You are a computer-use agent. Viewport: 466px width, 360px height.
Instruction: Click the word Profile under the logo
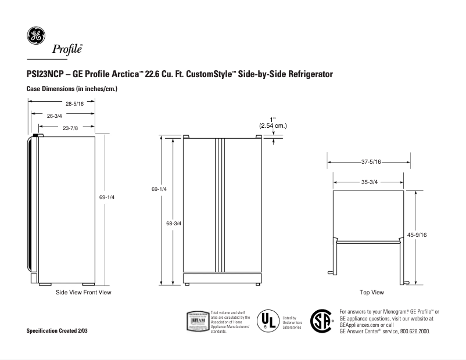(x=67, y=49)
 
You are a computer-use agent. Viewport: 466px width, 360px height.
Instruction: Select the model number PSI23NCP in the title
(x=45, y=76)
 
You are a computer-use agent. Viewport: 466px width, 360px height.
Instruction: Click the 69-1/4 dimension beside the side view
(x=107, y=198)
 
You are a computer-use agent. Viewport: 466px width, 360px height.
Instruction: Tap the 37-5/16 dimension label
(x=370, y=162)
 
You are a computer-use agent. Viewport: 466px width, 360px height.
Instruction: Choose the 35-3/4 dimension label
(x=370, y=182)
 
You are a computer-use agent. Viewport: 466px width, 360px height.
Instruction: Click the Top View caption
(x=371, y=292)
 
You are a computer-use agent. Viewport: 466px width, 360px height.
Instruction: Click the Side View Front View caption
(x=83, y=292)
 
